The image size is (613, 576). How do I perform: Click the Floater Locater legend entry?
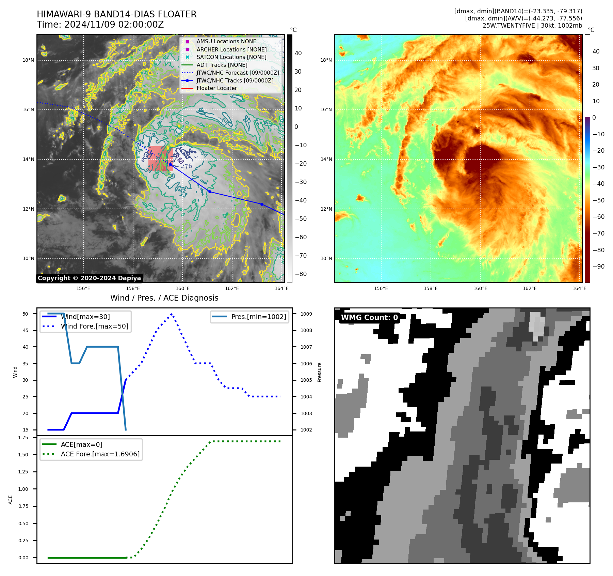point(216,88)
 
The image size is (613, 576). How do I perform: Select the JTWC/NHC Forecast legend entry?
point(238,73)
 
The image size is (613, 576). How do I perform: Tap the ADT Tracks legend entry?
point(222,65)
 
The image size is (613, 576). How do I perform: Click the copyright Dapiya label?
point(89,278)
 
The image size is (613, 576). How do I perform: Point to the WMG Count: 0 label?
point(369,318)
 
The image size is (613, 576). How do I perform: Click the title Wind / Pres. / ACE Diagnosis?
point(164,298)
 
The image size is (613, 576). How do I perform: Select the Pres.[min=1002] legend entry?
point(258,317)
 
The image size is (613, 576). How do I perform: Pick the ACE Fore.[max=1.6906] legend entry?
point(100,454)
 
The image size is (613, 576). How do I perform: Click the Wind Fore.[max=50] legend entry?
point(95,326)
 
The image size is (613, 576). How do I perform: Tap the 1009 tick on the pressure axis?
point(306,314)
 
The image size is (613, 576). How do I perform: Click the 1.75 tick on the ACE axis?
point(23,438)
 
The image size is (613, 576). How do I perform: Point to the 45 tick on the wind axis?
point(25,330)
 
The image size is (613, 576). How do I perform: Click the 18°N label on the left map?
point(28,60)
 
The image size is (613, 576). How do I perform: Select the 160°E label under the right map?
point(480,288)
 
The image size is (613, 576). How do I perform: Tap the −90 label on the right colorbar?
point(599,267)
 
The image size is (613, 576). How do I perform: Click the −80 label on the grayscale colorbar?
point(301,274)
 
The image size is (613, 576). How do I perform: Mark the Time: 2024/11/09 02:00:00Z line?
point(100,25)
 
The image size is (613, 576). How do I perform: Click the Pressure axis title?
point(319,372)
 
